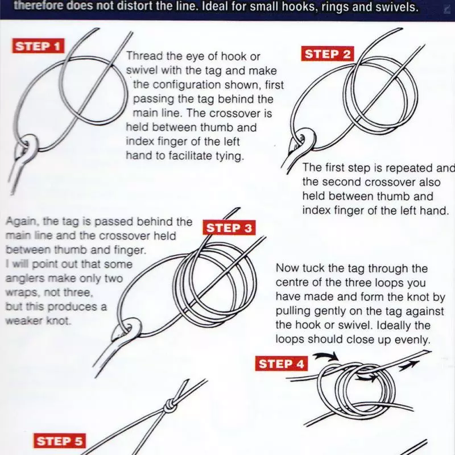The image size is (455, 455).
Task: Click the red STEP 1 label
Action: pos(38,46)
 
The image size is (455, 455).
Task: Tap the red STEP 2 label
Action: pos(328,53)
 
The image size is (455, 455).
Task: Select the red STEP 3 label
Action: pos(229,227)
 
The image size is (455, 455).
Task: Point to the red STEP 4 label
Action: pos(281,363)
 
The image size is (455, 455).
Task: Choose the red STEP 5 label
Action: pos(60,441)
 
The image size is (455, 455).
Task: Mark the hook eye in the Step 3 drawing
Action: pos(127,329)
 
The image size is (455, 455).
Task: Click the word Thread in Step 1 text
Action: pos(144,56)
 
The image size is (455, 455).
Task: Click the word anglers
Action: pos(24,279)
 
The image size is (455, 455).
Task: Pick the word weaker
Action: pos(22,321)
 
